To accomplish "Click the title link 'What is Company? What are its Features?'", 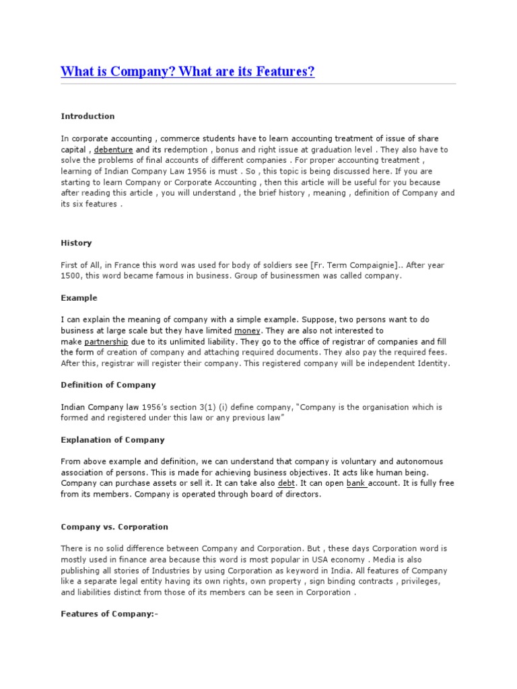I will pyautogui.click(x=188, y=71).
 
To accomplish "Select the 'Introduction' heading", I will pyautogui.click(x=88, y=116).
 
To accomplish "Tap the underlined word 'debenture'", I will pyautogui.click(x=113, y=149).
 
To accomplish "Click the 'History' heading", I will pyautogui.click(x=76, y=243).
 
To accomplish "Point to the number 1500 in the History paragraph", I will pyautogui.click(x=71, y=276).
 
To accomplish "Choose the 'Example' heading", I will pyautogui.click(x=79, y=298).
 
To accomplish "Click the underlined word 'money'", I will pyautogui.click(x=247, y=331).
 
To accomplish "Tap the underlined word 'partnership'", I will pyautogui.click(x=106, y=342).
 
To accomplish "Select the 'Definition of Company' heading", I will pyautogui.click(x=108, y=386).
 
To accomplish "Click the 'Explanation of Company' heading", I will pyautogui.click(x=112, y=440).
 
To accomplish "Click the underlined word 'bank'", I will pyautogui.click(x=356, y=484).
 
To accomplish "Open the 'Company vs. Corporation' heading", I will pyautogui.click(x=114, y=527).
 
